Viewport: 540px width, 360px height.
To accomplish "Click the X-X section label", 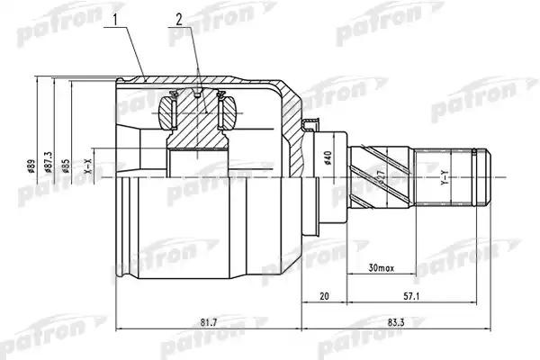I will coord(88,167).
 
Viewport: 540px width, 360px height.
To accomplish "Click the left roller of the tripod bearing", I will coord(165,114).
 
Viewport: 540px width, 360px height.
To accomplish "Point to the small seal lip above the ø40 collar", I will coord(312,126).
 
